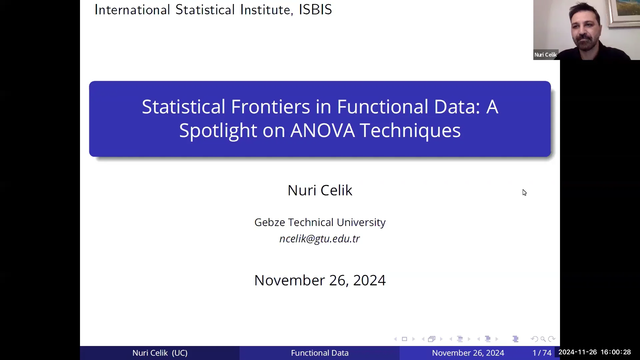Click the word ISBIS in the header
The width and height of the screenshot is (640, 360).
(x=315, y=10)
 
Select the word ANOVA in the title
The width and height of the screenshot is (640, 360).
(x=322, y=130)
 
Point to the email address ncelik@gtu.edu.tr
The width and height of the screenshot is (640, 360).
(x=320, y=239)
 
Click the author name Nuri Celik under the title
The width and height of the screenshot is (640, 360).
(x=320, y=190)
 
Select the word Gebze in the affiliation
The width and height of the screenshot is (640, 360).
(x=269, y=222)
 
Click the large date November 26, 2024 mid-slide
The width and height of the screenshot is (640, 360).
(x=320, y=280)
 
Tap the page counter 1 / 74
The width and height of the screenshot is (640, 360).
(x=542, y=353)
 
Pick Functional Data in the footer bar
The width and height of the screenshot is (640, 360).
(x=320, y=353)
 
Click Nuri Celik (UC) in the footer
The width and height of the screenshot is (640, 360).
(x=160, y=353)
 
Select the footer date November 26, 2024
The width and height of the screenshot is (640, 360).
(x=468, y=353)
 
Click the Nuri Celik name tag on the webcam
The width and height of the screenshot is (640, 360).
(x=545, y=55)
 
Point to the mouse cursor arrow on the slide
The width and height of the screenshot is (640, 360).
(x=524, y=193)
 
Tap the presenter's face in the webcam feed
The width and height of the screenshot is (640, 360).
(x=584, y=28)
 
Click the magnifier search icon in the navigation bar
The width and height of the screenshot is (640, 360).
(x=543, y=339)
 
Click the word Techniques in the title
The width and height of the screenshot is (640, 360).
(x=410, y=130)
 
